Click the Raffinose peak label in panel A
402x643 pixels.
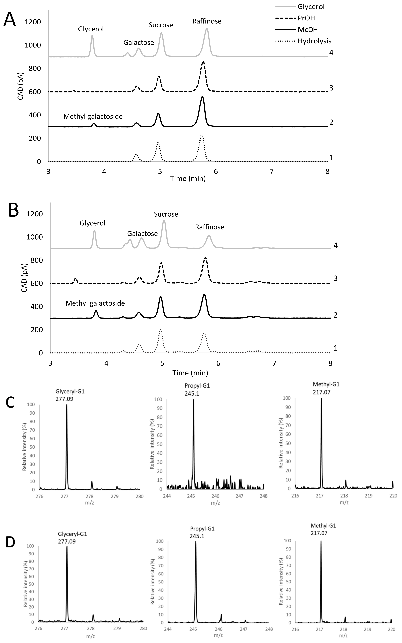[207, 21]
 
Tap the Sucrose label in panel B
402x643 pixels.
[166, 214]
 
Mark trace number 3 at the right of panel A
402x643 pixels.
[331, 88]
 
